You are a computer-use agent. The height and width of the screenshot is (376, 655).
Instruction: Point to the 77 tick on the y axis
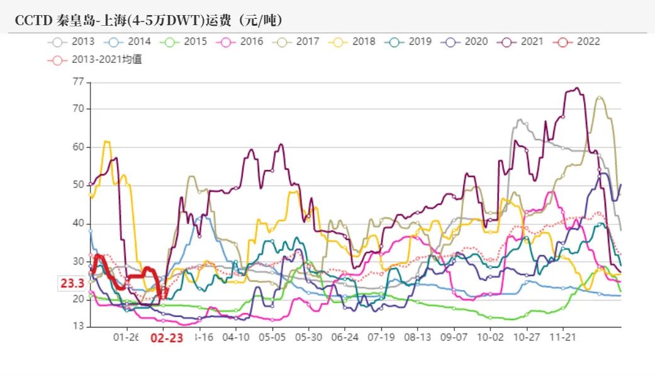click(x=78, y=82)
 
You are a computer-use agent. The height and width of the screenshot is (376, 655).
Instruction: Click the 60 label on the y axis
click(x=78, y=147)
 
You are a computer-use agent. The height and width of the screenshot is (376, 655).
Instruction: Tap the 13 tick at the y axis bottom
click(x=78, y=326)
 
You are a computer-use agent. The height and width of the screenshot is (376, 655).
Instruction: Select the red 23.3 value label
click(x=72, y=284)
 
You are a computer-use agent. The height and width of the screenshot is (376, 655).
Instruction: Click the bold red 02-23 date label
click(x=167, y=338)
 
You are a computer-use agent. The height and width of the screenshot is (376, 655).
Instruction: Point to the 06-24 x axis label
click(x=345, y=337)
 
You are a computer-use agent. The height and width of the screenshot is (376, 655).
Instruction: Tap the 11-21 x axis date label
click(x=563, y=337)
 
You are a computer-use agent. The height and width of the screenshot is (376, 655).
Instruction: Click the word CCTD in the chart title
click(x=30, y=21)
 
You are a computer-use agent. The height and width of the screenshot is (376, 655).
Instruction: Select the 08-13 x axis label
click(x=418, y=337)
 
